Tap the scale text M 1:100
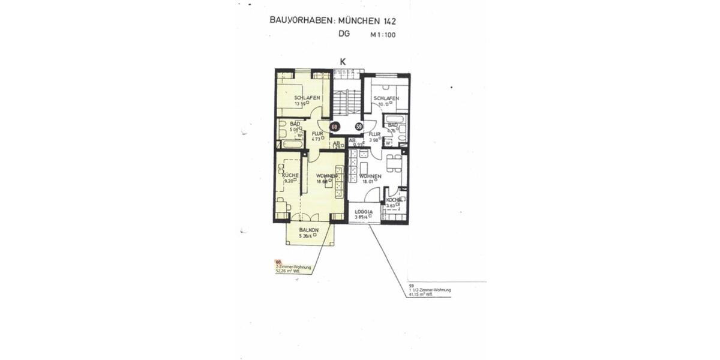pos(383,35)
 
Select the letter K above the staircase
pos(343,62)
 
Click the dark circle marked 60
pos(335,127)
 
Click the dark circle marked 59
pos(359,127)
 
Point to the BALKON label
pos(308,230)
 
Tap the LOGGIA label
pos(364,212)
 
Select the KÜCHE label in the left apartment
pos(290,175)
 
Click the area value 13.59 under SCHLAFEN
pos(302,104)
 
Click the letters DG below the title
pos(344,34)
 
